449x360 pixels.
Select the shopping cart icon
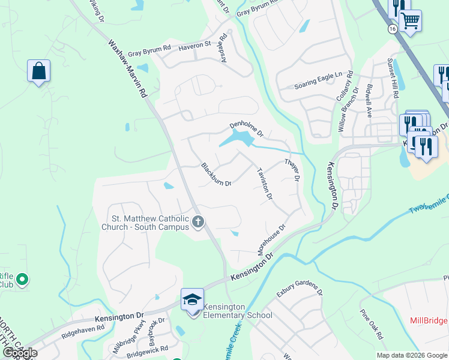(x=411, y=21)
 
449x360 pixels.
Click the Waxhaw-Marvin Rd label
(x=128, y=69)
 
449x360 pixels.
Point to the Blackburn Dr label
(x=217, y=175)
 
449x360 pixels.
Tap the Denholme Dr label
(x=247, y=128)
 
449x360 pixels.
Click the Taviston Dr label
(x=265, y=183)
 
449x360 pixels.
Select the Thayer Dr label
(x=292, y=170)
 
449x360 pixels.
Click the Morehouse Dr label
(x=271, y=238)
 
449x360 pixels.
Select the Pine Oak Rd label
(x=372, y=325)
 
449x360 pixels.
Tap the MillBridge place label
(x=429, y=320)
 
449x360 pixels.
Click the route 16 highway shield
(x=393, y=28)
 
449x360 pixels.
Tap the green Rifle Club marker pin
(x=22, y=279)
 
